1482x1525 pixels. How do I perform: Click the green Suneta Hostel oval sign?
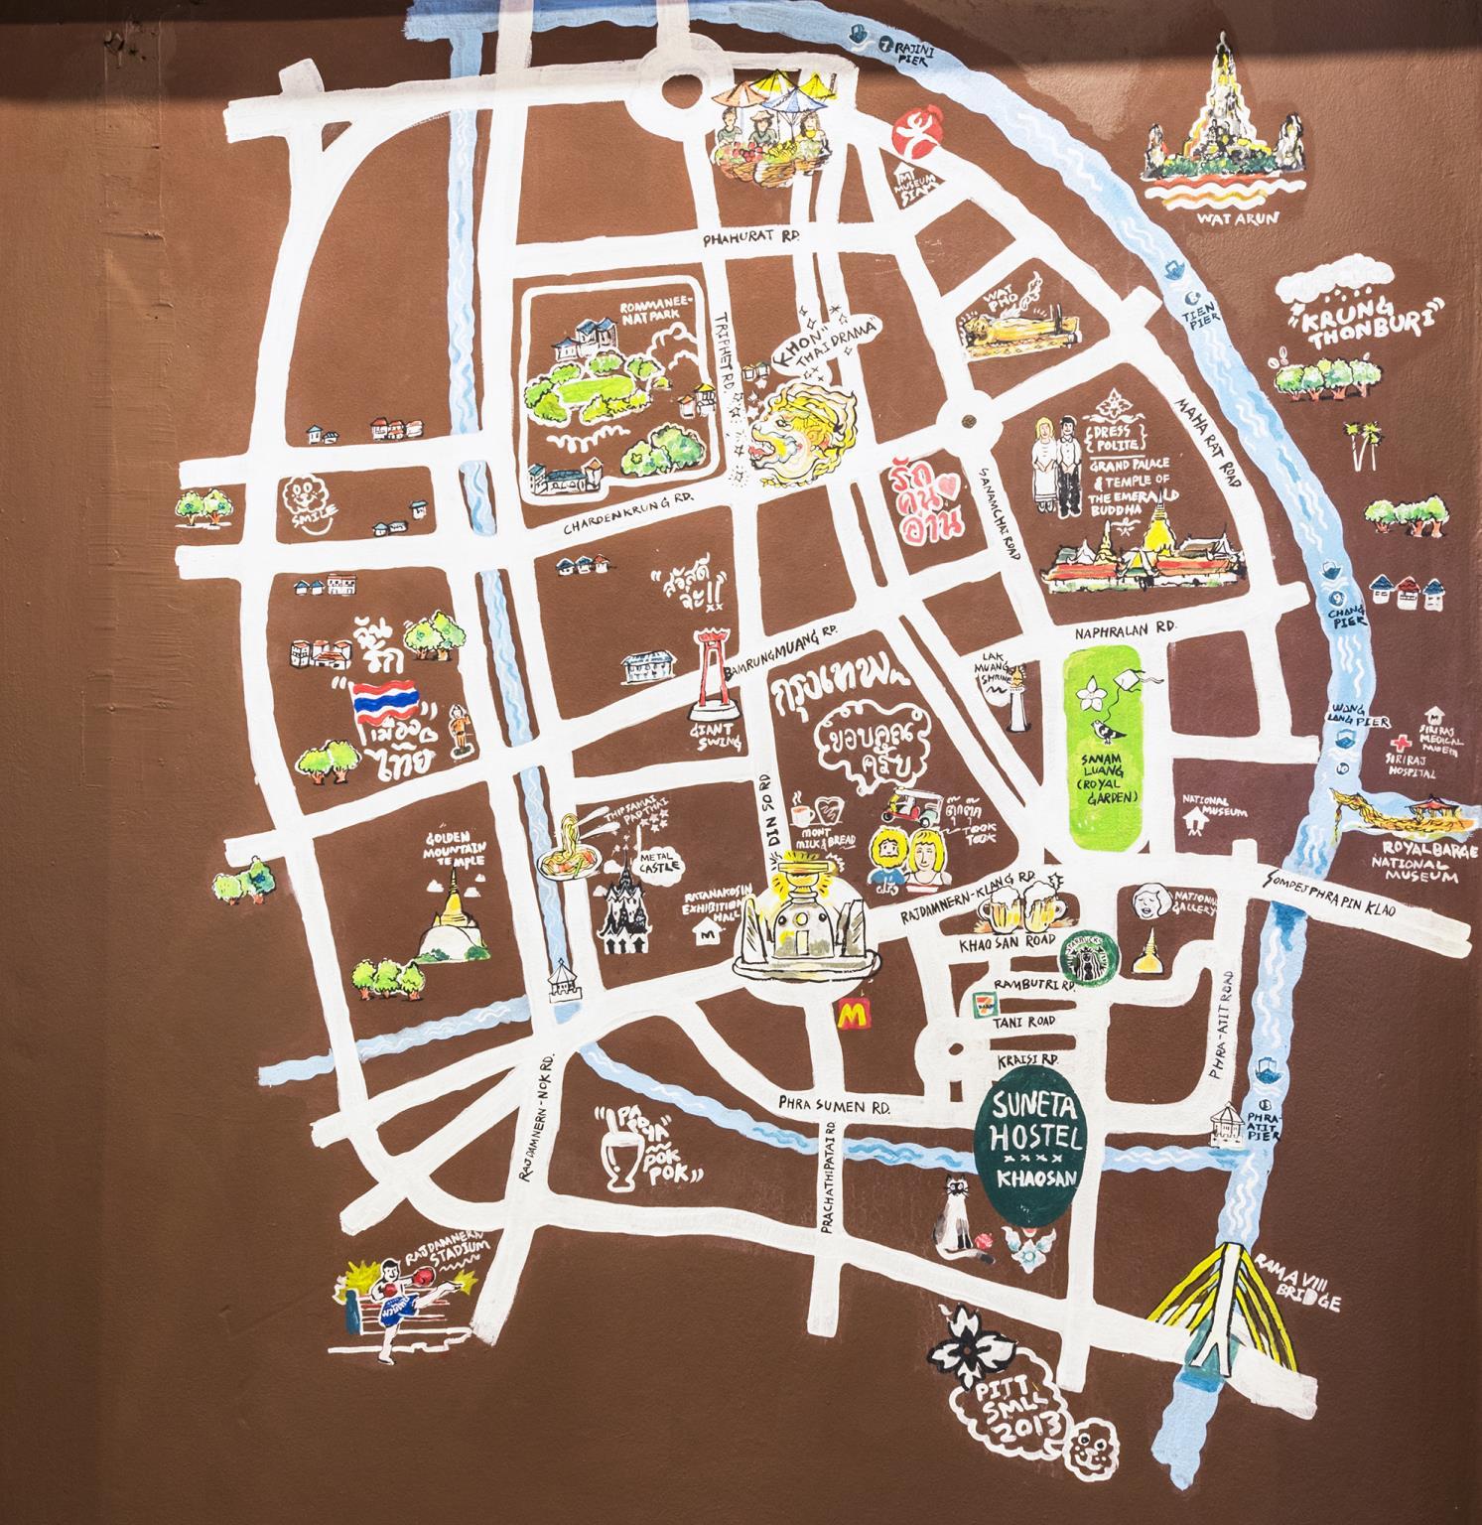[1036, 1144]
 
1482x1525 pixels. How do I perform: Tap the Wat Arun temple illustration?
[1220, 139]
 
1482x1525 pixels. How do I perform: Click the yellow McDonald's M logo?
[850, 1014]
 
